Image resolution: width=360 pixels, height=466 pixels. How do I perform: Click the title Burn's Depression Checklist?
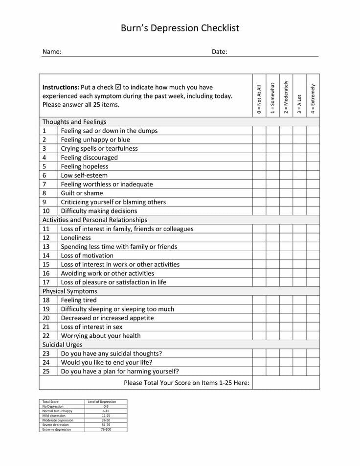coord(180,28)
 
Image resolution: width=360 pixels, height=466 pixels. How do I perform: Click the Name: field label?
coord(52,51)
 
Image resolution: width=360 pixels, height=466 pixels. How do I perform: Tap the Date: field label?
coord(219,51)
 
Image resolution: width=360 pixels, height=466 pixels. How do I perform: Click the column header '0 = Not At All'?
coord(259,99)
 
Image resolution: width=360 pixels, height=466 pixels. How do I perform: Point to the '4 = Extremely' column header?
coord(313,99)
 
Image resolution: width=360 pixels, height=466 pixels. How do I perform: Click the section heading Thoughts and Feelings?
coord(74,122)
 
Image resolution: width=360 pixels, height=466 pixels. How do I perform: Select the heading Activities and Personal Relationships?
coord(95,220)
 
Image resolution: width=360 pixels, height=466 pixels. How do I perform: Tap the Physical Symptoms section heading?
coord(69,291)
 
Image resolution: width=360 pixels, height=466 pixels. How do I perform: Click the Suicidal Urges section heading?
coord(62,345)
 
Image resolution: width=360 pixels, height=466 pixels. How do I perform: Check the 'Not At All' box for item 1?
coord(259,131)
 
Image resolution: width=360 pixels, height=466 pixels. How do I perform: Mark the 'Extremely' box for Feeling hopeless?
coord(313,166)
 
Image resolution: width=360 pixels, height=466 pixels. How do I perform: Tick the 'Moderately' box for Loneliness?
coord(286,238)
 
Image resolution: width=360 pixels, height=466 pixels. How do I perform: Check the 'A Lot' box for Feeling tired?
coord(299,300)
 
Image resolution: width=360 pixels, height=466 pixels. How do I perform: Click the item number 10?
coord(46,211)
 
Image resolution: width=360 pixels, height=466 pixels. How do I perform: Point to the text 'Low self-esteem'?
coord(84,175)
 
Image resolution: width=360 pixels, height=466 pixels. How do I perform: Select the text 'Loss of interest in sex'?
coord(91,327)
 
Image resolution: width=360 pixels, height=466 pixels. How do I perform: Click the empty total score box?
coord(286,382)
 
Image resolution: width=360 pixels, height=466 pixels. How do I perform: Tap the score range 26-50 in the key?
coord(106,420)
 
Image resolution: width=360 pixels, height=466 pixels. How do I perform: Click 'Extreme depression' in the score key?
coord(57,429)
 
